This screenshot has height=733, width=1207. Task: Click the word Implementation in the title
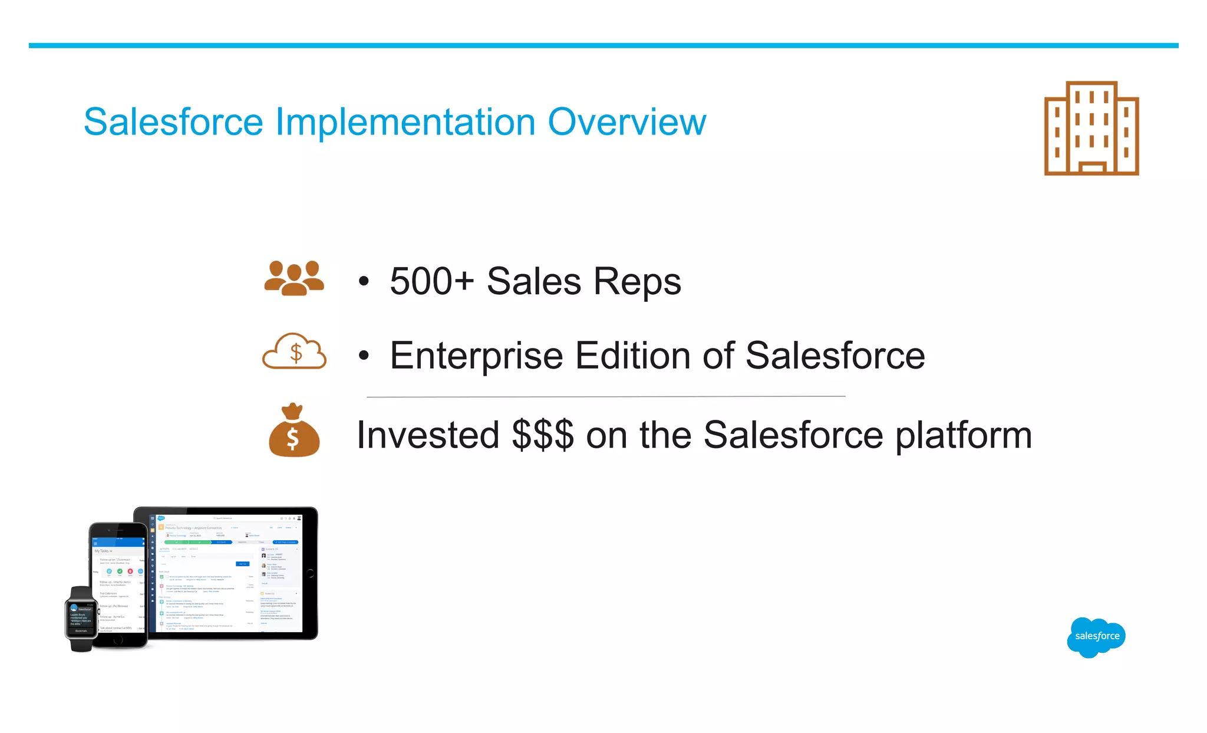pyautogui.click(x=405, y=122)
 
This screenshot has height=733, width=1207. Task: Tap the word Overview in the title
pyautogui.click(x=626, y=122)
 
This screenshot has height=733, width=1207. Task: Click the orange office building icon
pyautogui.click(x=1091, y=129)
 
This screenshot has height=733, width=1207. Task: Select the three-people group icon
pyautogui.click(x=294, y=278)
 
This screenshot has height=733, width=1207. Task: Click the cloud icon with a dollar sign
pyautogui.click(x=294, y=352)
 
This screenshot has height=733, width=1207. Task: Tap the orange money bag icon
pyautogui.click(x=294, y=431)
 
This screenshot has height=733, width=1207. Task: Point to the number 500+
pyautogui.click(x=431, y=281)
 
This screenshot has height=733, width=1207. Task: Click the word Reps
pyautogui.click(x=637, y=281)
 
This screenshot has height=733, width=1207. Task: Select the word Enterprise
pyautogui.click(x=476, y=356)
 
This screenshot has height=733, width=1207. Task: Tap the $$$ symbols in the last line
pyautogui.click(x=542, y=435)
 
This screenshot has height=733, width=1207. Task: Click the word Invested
pyautogui.click(x=428, y=435)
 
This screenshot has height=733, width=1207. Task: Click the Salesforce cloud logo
pyautogui.click(x=1096, y=636)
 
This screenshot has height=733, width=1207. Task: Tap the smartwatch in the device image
pyautogui.click(x=81, y=619)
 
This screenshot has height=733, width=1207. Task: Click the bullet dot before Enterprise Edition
pyautogui.click(x=364, y=356)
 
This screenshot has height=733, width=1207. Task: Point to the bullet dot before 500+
pyautogui.click(x=364, y=281)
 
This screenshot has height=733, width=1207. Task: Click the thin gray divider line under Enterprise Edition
pyautogui.click(x=606, y=396)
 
